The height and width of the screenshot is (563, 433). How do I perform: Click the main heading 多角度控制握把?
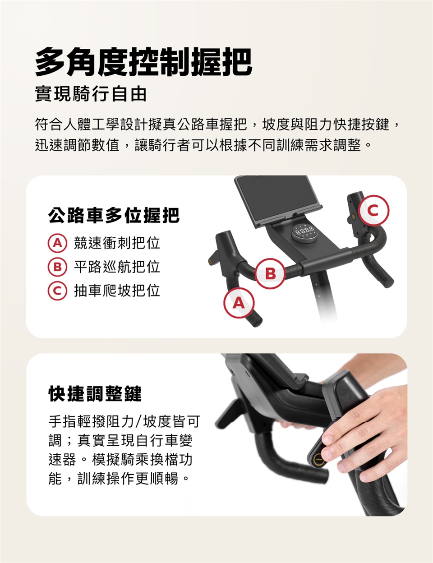(143, 62)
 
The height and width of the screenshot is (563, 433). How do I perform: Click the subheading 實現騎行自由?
(91, 94)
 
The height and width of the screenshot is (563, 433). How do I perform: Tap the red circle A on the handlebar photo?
(239, 303)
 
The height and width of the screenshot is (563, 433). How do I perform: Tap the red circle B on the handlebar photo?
(270, 273)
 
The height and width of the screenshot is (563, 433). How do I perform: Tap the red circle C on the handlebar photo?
(373, 210)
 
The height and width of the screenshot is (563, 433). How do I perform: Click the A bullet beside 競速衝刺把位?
(57, 243)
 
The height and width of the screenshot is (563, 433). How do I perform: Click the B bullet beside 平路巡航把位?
(57, 267)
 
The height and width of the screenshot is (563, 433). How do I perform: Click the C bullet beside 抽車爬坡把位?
(57, 291)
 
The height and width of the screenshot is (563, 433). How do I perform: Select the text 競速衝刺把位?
(117, 243)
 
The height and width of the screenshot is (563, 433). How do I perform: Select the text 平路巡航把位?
(117, 267)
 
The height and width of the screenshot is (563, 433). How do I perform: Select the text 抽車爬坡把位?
(117, 291)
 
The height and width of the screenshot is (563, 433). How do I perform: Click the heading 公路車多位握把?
(114, 215)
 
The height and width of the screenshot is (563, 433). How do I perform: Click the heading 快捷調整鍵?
(95, 393)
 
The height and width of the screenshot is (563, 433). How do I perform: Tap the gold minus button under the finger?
(318, 459)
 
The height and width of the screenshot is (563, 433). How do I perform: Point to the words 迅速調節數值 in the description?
(77, 145)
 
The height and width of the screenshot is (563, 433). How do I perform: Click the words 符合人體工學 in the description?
(77, 125)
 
